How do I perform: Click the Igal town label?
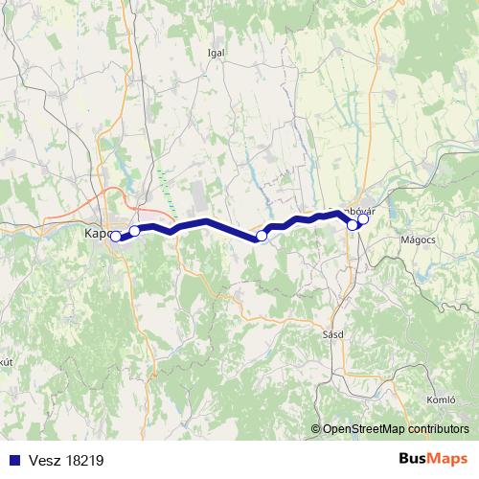coord(216,53)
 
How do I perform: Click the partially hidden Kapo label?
coord(96,233)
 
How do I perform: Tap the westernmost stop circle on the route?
coord(115,236)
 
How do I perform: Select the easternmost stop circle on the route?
coord(363,218)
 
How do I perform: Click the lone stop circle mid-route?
coord(262,235)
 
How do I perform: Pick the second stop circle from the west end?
coord(135,231)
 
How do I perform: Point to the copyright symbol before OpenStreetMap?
coord(317,430)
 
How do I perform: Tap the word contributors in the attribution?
coord(439,430)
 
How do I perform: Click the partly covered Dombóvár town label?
coord(347,210)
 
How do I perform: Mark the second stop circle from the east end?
coord(353,224)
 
